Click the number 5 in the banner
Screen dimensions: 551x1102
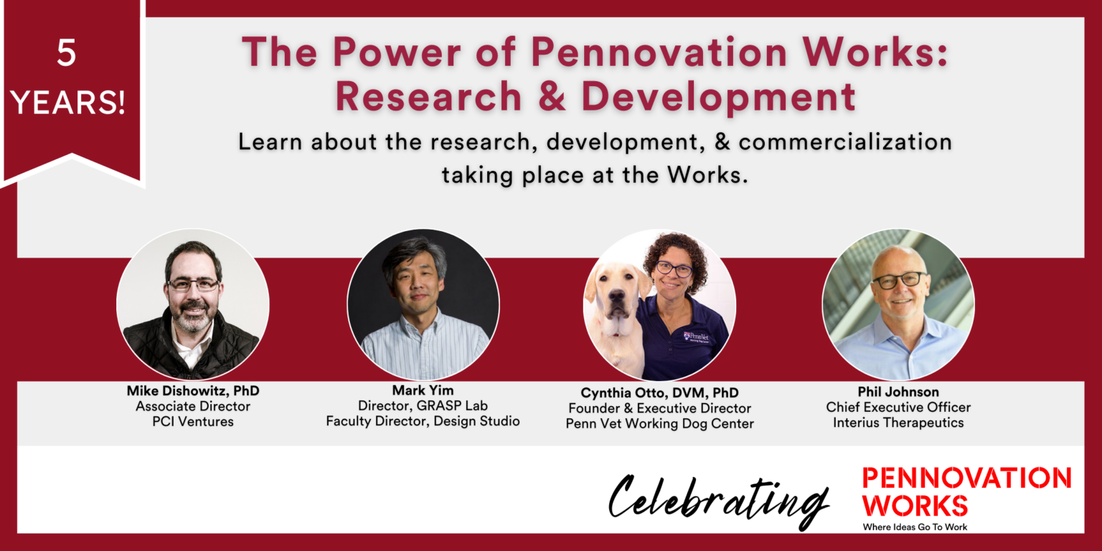67,54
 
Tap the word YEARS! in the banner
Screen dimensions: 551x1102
69,103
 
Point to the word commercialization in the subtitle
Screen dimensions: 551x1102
845,141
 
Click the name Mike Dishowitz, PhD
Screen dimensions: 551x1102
193,391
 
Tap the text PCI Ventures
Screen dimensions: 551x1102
193,421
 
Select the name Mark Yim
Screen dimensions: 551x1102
423,391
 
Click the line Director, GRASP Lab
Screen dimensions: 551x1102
423,406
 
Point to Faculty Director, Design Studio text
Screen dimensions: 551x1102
423,421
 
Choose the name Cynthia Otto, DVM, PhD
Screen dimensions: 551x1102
659,392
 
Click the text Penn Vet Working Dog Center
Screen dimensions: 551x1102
659,423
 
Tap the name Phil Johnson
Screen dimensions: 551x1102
898,392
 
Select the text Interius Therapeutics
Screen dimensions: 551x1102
898,423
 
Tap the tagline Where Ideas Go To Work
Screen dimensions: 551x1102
915,527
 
